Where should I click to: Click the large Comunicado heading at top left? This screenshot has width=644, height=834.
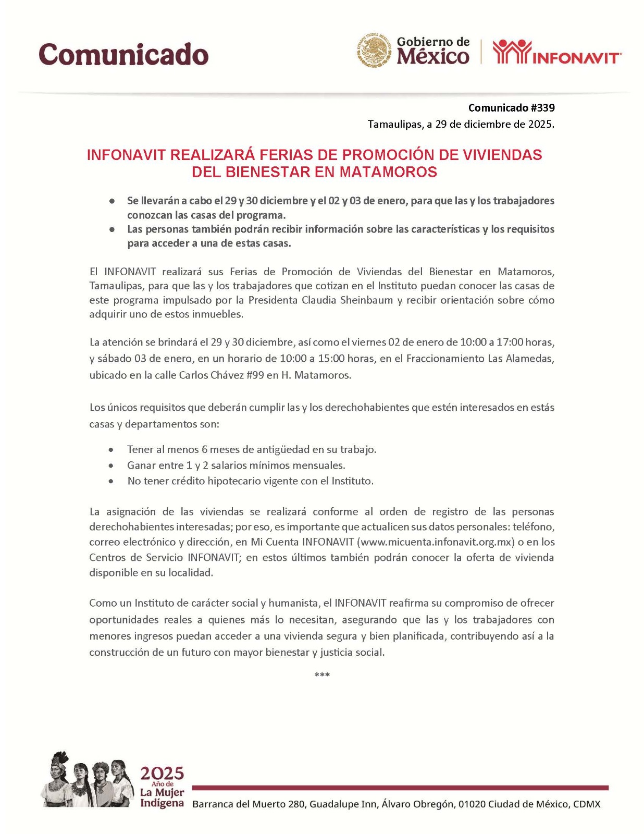123,54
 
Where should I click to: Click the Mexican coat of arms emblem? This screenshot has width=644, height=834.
374,51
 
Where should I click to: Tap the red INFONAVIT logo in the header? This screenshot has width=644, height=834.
556,52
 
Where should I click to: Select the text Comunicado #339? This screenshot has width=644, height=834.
511,108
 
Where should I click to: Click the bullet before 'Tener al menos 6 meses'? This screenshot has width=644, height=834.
111,449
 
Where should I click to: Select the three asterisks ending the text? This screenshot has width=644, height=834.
322,676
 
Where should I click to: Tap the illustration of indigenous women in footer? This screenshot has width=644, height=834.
87,780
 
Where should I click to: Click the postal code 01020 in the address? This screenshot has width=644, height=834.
471,804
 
